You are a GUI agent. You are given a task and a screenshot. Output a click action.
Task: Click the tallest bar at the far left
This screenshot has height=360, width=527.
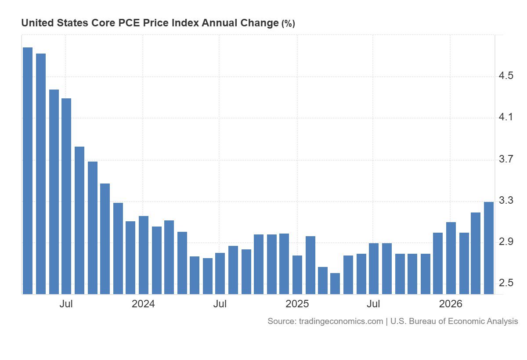point(28,171)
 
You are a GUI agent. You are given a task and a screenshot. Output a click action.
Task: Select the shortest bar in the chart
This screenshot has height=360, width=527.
point(335,284)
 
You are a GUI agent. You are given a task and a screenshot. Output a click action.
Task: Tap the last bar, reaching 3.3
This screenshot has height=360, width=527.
point(489,248)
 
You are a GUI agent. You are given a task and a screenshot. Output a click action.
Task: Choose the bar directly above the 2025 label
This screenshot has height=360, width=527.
point(297,275)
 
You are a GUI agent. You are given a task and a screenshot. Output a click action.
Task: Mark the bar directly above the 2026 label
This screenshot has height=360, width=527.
point(451,258)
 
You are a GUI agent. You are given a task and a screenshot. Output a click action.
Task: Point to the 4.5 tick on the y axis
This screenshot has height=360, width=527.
point(506,76)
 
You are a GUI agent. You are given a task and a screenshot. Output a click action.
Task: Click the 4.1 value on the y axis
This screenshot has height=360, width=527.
point(506,117)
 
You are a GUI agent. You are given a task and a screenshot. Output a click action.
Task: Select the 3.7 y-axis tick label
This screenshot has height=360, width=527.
point(506,159)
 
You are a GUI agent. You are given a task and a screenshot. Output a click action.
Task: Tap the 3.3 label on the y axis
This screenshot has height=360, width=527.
point(506,200)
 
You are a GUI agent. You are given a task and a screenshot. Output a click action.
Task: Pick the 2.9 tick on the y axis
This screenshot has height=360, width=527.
point(506,242)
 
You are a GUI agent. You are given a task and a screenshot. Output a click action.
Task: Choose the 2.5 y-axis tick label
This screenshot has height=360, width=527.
point(506,283)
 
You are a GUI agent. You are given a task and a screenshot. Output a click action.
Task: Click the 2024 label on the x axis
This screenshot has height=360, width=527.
point(143,304)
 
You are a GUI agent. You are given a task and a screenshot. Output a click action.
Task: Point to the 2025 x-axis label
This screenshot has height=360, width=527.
point(297,304)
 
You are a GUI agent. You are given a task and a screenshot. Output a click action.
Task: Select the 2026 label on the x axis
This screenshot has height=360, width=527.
point(451,304)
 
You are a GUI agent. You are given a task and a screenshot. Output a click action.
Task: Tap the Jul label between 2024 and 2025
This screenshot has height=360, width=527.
point(220,304)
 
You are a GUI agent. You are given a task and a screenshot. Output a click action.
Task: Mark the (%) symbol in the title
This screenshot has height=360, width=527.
point(288,23)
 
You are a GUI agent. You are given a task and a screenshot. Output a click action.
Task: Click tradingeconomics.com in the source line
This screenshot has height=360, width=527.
point(341,321)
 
